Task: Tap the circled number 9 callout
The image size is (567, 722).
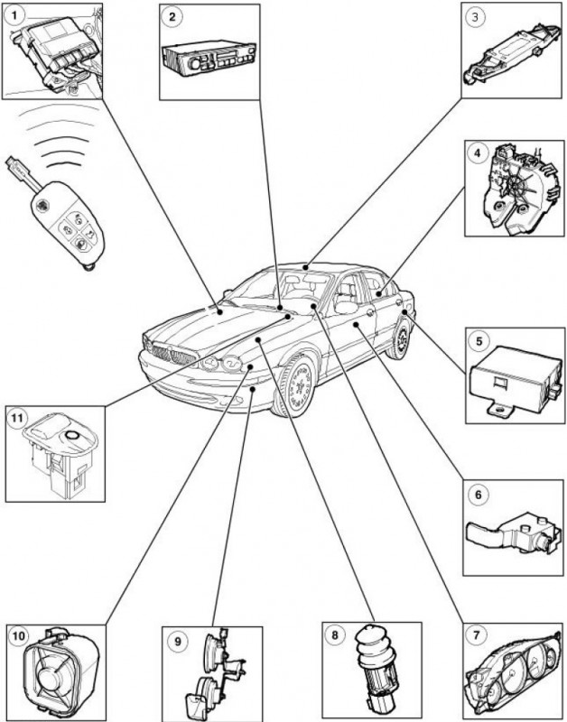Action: tap(177, 640)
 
